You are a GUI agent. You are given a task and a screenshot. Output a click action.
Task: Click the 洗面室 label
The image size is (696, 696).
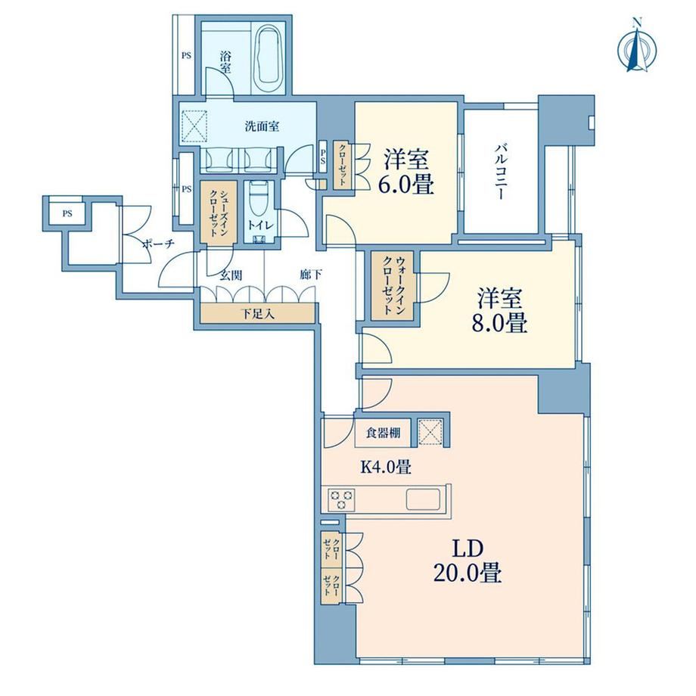pyautogui.click(x=262, y=126)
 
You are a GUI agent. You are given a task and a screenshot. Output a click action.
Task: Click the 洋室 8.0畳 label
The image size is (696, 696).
pyautogui.click(x=499, y=310)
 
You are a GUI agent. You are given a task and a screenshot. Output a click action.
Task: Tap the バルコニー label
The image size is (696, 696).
pyautogui.click(x=500, y=171)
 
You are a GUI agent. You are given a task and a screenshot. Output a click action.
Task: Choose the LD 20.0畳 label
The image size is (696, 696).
pyautogui.click(x=468, y=561)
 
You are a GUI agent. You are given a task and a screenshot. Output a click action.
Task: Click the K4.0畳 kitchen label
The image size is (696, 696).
pyautogui.click(x=385, y=467)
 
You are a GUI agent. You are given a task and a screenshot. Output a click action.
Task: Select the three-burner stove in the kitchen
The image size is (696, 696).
pyautogui.click(x=341, y=499)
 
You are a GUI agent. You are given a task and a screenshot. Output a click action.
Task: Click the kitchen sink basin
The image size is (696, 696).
pyautogui.click(x=423, y=499)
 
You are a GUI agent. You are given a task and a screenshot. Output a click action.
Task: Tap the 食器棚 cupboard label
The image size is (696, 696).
pyautogui.click(x=384, y=432)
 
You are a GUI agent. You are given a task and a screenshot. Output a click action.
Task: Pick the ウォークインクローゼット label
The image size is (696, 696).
pyautogui.click(x=393, y=285)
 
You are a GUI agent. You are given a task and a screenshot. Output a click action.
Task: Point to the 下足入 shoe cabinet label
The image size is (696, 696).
pyautogui.click(x=258, y=314)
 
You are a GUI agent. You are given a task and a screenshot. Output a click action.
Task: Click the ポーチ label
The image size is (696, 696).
pyautogui.click(x=158, y=244)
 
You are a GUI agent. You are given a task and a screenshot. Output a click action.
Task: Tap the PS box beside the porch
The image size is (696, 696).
pyautogui.click(x=67, y=213)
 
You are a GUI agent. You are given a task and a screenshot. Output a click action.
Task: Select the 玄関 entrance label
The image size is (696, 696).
pyautogui.click(x=231, y=275)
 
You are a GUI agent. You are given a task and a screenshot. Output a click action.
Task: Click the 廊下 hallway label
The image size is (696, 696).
pyautogui.click(x=311, y=275)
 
